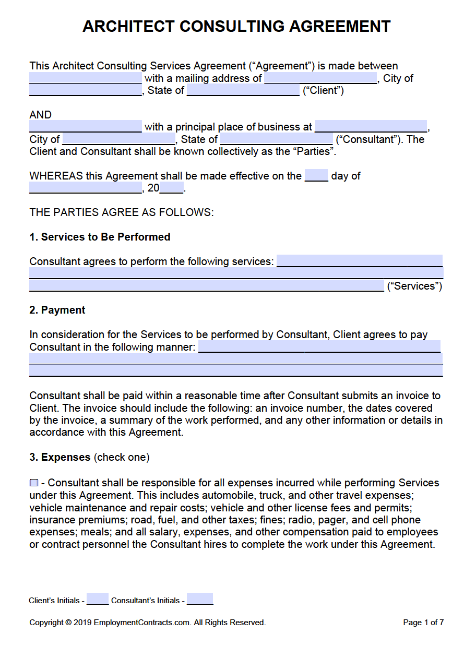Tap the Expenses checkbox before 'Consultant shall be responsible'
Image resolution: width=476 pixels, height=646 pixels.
(x=34, y=483)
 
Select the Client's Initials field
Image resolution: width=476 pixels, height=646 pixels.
(x=98, y=599)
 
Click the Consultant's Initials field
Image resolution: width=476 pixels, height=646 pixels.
(x=200, y=599)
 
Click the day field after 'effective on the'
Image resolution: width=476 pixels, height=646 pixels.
(x=316, y=175)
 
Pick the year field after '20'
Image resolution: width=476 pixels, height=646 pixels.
(x=172, y=188)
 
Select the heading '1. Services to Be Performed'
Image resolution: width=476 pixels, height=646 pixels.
(x=100, y=237)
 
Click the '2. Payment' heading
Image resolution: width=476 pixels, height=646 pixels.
(x=57, y=310)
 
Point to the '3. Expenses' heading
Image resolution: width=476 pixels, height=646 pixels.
(x=60, y=457)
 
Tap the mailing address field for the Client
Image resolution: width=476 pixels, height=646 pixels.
(x=320, y=78)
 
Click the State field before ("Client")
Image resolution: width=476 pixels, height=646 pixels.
(x=243, y=90)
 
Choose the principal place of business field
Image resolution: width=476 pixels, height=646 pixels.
(x=371, y=126)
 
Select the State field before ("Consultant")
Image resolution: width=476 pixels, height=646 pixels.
(x=277, y=139)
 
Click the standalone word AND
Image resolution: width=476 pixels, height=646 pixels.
(x=40, y=115)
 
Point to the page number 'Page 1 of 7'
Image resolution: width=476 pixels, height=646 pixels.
(x=423, y=623)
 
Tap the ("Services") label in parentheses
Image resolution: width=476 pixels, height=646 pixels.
(x=414, y=286)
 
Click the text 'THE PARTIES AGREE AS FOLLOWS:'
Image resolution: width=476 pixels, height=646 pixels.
(x=122, y=212)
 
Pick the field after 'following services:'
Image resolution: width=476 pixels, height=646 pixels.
(x=359, y=261)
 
